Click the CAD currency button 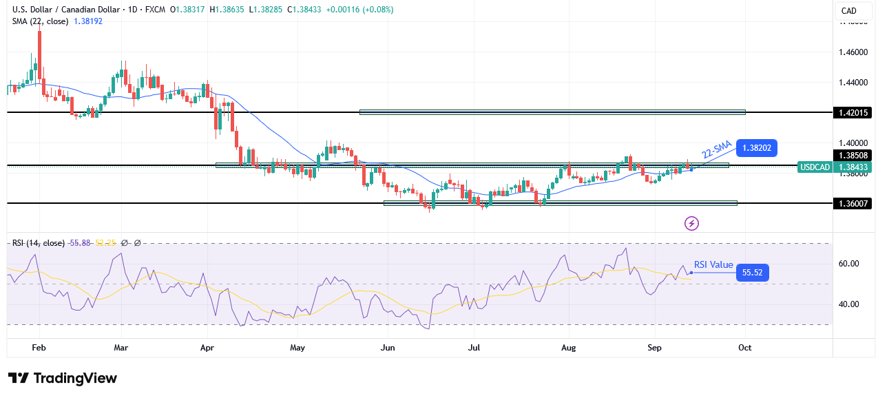[849, 10]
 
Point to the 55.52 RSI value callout [752, 273]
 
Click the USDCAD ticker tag [815, 167]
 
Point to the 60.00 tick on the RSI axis [848, 263]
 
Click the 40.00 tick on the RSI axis [848, 304]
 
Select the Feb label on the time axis [39, 348]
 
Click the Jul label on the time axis [474, 348]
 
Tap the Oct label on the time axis [744, 348]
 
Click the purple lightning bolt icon [692, 223]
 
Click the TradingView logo [63, 378]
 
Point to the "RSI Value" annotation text [713, 265]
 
